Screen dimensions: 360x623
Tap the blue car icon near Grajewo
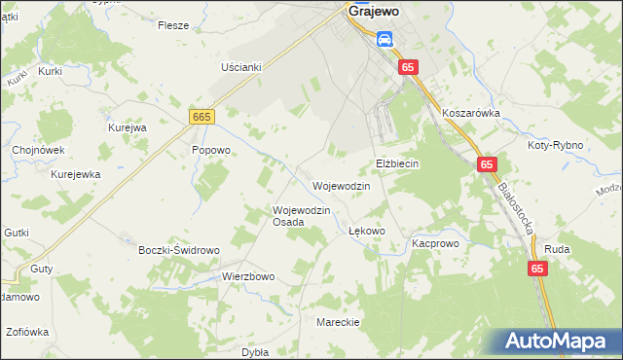pos(385,39)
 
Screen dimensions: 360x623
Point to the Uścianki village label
pos(242,67)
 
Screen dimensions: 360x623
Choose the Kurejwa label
pos(127,127)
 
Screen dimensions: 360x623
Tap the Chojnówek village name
pos(38,150)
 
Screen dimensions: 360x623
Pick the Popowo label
pos(210,150)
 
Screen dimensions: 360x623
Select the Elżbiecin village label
pos(397,163)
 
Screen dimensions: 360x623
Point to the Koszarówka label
pos(470,113)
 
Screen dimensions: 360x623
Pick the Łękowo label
pos(367,231)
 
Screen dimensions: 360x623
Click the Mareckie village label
pos(339,321)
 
